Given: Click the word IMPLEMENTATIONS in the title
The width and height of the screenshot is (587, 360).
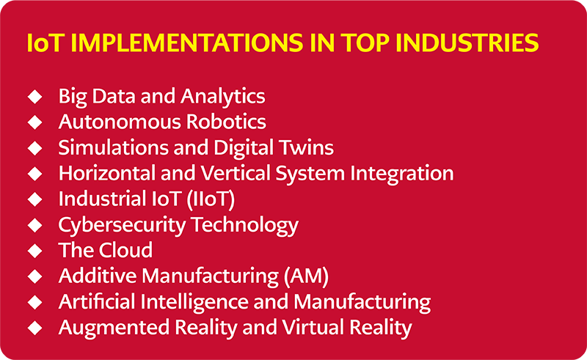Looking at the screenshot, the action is pyautogui.click(x=186, y=43).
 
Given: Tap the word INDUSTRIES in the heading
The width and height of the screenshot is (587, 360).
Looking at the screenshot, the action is pyautogui.click(x=467, y=43).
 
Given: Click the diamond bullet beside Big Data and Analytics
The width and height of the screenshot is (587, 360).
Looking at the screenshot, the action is pyautogui.click(x=34, y=97).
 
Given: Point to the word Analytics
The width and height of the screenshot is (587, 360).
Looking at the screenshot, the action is pyautogui.click(x=223, y=97).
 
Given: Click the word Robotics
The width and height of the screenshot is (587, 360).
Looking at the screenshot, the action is pyautogui.click(x=226, y=122).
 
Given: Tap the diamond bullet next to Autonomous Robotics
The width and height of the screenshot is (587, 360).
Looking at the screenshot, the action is pyautogui.click(x=34, y=122).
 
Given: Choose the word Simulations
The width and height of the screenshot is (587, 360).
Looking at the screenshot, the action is pyautogui.click(x=113, y=147).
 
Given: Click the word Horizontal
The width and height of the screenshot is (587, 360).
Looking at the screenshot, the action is pyautogui.click(x=106, y=173).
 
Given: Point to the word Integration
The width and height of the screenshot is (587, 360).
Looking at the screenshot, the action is pyautogui.click(x=401, y=174).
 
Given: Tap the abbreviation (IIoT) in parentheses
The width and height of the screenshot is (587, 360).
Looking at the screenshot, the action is pyautogui.click(x=211, y=199).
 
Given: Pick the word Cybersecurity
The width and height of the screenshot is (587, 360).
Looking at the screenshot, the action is pyautogui.click(x=122, y=225).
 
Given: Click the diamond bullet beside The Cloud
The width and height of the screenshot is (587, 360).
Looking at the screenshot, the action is pyautogui.click(x=34, y=250).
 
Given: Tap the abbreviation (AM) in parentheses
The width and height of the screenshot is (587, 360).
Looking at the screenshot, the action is pyautogui.click(x=306, y=276).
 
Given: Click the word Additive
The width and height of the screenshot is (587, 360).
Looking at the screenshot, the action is pyautogui.click(x=98, y=276).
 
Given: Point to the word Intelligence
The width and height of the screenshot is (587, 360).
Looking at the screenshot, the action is pyautogui.click(x=194, y=302).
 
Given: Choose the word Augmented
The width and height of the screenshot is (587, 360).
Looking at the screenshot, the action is pyautogui.click(x=114, y=328).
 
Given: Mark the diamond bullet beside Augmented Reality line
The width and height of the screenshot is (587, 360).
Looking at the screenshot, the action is pyautogui.click(x=34, y=328).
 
